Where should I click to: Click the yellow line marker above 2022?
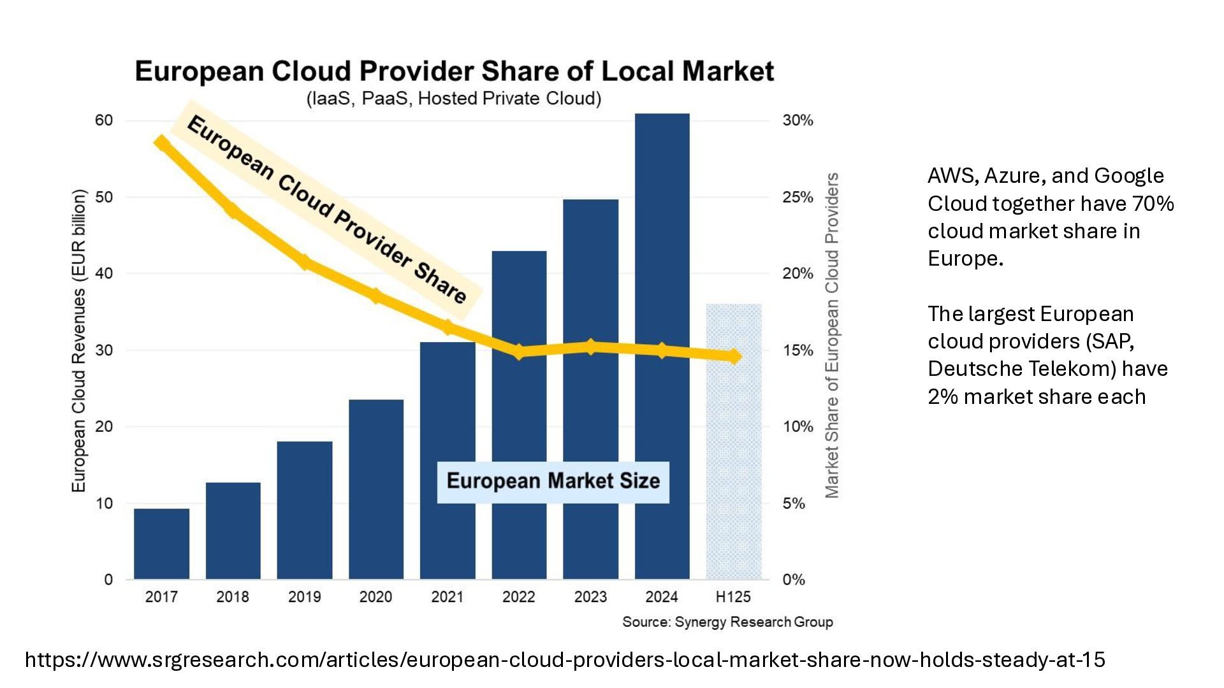click(x=519, y=351)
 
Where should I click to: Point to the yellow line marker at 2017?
click(x=162, y=143)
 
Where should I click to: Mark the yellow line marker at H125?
click(x=734, y=356)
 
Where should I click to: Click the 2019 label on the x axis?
click(x=304, y=597)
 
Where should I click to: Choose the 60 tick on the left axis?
click(x=104, y=120)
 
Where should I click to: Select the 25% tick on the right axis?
click(x=798, y=197)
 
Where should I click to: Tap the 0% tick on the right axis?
click(x=794, y=580)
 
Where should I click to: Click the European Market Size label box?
click(x=553, y=481)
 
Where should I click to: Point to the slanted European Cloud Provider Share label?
click(x=326, y=209)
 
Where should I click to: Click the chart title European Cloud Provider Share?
click(x=454, y=71)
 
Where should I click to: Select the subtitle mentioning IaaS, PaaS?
click(x=454, y=99)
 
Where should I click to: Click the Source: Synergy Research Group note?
click(x=727, y=622)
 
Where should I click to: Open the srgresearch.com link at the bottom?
click(x=565, y=659)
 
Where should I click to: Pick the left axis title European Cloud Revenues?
click(x=78, y=340)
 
